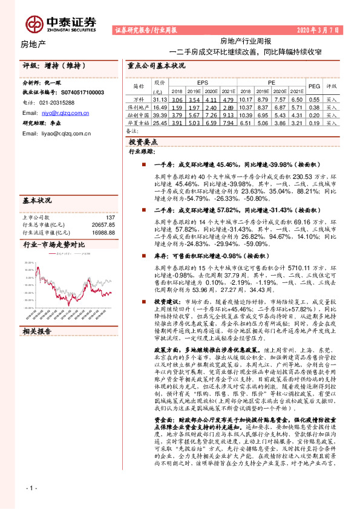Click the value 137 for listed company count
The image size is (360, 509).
click(110, 200)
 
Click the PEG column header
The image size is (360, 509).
click(314, 86)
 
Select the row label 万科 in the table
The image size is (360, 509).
click(139, 99)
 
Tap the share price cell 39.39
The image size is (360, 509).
click(160, 114)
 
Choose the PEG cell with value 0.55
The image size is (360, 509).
click(314, 99)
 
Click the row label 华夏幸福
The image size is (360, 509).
click(139, 122)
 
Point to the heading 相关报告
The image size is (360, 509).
click(37, 331)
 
